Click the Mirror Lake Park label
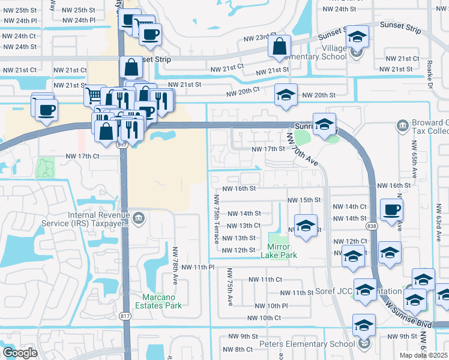275,251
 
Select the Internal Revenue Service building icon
139,217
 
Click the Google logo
20,353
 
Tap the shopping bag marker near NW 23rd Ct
280,46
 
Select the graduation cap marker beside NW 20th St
286,94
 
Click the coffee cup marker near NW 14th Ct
391,209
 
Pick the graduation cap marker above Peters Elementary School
363,325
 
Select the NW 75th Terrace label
216,220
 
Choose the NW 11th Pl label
198,266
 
